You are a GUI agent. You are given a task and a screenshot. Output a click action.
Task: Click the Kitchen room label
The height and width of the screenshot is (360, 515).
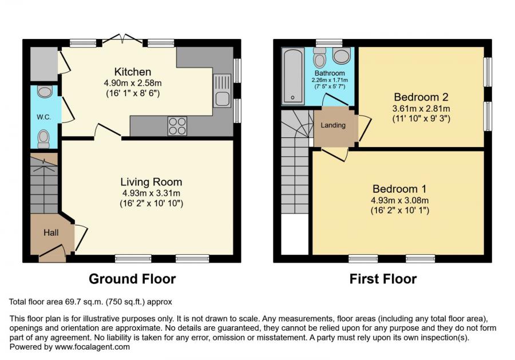coord(133,72)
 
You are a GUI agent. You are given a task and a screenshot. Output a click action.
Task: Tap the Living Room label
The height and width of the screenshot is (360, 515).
coord(151,182)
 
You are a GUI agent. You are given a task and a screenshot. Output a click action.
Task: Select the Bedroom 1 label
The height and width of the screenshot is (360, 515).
coord(399,189)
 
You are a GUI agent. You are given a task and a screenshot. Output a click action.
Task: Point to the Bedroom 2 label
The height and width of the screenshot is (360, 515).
coord(421,97)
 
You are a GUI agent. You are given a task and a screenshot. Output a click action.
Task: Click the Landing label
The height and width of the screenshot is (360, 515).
coord(333,125)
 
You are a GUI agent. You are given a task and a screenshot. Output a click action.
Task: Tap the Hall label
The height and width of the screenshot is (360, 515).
coord(51,232)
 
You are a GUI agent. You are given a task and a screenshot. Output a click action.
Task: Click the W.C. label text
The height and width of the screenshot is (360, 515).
coord(43,117)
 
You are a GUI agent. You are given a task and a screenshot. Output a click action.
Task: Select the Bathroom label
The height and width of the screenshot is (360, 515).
coord(330,73)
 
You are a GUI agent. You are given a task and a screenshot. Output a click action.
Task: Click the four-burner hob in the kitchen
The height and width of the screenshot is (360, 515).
coord(177,126)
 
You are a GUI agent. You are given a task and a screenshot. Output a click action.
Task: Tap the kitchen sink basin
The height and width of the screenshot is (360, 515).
coord(222,98)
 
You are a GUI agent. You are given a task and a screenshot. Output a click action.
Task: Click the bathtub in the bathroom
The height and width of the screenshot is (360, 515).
coord(293,76)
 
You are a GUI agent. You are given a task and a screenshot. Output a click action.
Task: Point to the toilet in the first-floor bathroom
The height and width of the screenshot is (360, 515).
coord(319,58)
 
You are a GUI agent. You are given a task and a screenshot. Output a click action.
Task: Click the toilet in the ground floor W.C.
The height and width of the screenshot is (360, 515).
coord(43,139)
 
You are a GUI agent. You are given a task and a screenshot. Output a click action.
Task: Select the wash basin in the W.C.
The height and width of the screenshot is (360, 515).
coord(45,92)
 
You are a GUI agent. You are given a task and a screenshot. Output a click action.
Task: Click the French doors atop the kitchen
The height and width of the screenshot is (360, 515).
coord(122,39)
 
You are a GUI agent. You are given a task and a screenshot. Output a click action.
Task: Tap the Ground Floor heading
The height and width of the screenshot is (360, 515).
coord(132,279)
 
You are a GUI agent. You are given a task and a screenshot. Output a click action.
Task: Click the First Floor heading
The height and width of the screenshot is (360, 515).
coord(383,279)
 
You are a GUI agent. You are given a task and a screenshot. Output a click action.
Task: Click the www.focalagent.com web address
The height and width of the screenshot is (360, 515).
coord(92,347)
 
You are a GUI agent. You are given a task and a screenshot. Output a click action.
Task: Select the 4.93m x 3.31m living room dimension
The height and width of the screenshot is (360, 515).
coord(151,193)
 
